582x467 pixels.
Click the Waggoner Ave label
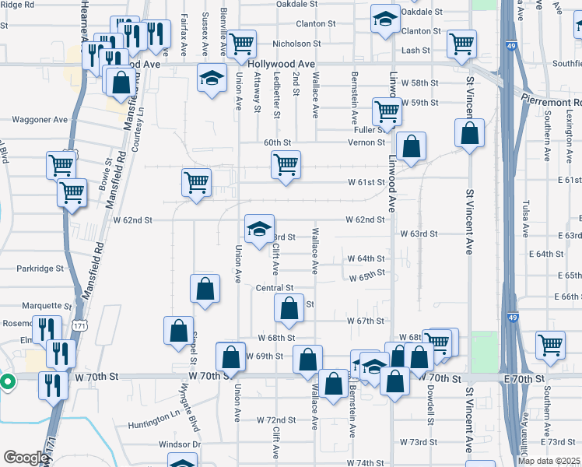(40, 120)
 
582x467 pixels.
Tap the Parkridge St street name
(41, 269)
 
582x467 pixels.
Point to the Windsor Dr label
(181, 444)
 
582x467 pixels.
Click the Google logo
(26, 458)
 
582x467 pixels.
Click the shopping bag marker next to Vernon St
(411, 145)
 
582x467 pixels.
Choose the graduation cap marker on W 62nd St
(259, 227)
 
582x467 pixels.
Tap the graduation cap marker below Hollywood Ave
(210, 78)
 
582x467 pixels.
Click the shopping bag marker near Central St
(289, 307)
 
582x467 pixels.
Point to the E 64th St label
(549, 255)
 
